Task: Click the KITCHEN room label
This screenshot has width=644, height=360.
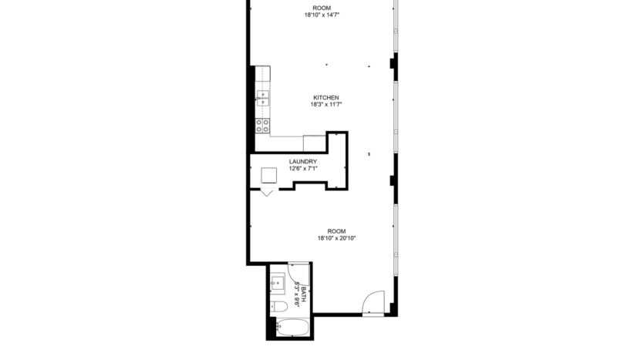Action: coord(325,98)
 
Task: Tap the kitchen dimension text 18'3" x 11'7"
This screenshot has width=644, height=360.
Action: coord(325,105)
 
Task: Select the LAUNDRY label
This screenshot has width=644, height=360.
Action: coord(303,162)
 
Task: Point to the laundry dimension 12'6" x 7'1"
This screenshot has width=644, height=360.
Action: coord(303,169)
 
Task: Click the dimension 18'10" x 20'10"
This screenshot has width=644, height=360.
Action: coord(336,238)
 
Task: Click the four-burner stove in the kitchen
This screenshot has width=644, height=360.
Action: coord(264,123)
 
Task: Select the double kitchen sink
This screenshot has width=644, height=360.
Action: coord(264,97)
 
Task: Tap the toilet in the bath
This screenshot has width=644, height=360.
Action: coord(279,307)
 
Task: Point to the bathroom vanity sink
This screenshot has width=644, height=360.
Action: coord(277,283)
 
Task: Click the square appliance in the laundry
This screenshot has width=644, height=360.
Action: coord(269,174)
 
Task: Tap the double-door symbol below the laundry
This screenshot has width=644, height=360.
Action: coord(268,190)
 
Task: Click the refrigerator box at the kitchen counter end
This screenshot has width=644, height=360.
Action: coord(315,143)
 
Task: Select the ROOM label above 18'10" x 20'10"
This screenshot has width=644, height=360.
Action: coord(336,231)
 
